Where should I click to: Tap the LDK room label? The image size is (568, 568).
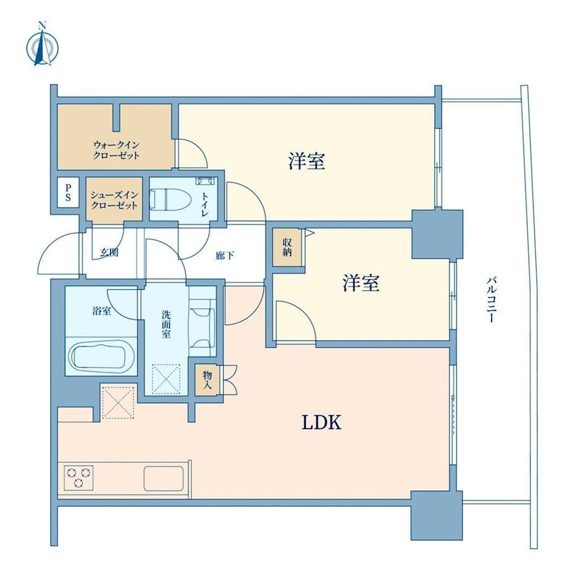pos(322,422)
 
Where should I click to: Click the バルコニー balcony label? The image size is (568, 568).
pos(491,299)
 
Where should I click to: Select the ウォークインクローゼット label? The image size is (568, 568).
pos(116,150)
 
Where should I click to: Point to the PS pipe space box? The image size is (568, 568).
pos(68,193)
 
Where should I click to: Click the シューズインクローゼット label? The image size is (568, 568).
pos(114,200)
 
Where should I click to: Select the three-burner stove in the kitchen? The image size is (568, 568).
pos(78,477)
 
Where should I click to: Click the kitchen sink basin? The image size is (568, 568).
pos(164,478)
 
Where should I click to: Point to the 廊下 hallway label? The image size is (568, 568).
pos(225,256)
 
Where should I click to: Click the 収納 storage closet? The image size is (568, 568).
pos(286,248)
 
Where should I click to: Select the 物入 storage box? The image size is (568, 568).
pos(207,380)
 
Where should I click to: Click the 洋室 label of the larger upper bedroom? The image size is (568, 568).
pos(306,161)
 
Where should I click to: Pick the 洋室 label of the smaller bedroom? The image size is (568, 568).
pos(361,283)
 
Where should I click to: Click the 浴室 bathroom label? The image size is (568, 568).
pos(101,311)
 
